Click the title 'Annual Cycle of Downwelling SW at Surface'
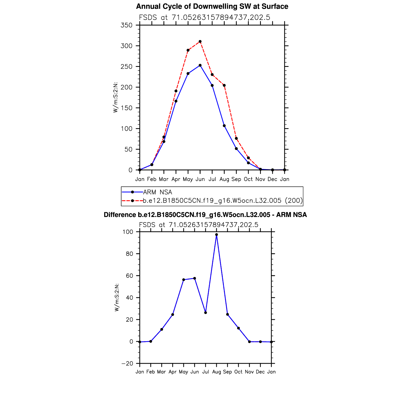(x=212, y=6)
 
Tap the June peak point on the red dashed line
(x=200, y=41)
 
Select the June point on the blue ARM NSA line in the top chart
(x=200, y=65)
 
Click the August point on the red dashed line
(x=224, y=85)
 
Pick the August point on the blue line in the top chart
(x=224, y=126)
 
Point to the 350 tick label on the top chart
(x=126, y=25)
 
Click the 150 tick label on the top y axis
(x=126, y=108)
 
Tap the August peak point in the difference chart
(x=216, y=235)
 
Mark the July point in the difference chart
(x=206, y=313)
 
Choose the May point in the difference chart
(x=184, y=280)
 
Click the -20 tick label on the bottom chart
(x=127, y=364)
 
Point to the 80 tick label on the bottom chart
(x=130, y=254)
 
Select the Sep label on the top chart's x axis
(x=236, y=179)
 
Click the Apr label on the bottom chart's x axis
(x=173, y=372)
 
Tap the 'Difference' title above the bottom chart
(x=205, y=215)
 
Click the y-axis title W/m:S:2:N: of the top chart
(x=115, y=98)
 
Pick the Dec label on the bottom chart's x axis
(x=260, y=372)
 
